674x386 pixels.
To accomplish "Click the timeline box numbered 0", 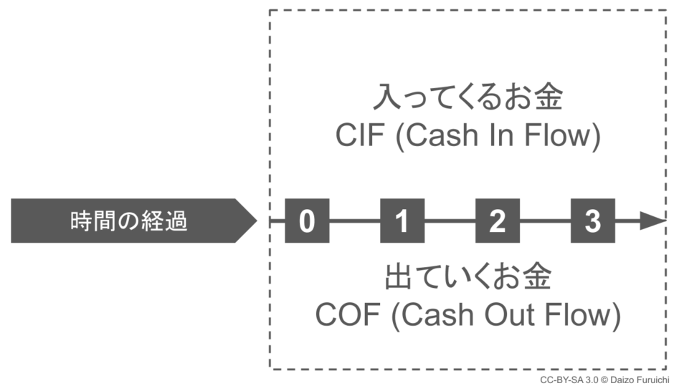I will pyautogui.click(x=307, y=221).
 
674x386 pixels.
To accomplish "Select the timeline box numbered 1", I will pyautogui.click(x=402, y=221).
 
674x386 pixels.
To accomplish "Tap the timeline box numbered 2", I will pyautogui.click(x=498, y=221).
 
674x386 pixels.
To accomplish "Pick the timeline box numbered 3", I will pyautogui.click(x=592, y=221).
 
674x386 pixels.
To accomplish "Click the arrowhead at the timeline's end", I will pyautogui.click(x=652, y=221).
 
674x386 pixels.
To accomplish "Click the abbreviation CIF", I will pyautogui.click(x=361, y=136).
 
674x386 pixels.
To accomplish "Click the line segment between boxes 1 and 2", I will pyautogui.click(x=450, y=221).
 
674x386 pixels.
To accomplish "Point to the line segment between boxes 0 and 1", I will pyautogui.click(x=354, y=221).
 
